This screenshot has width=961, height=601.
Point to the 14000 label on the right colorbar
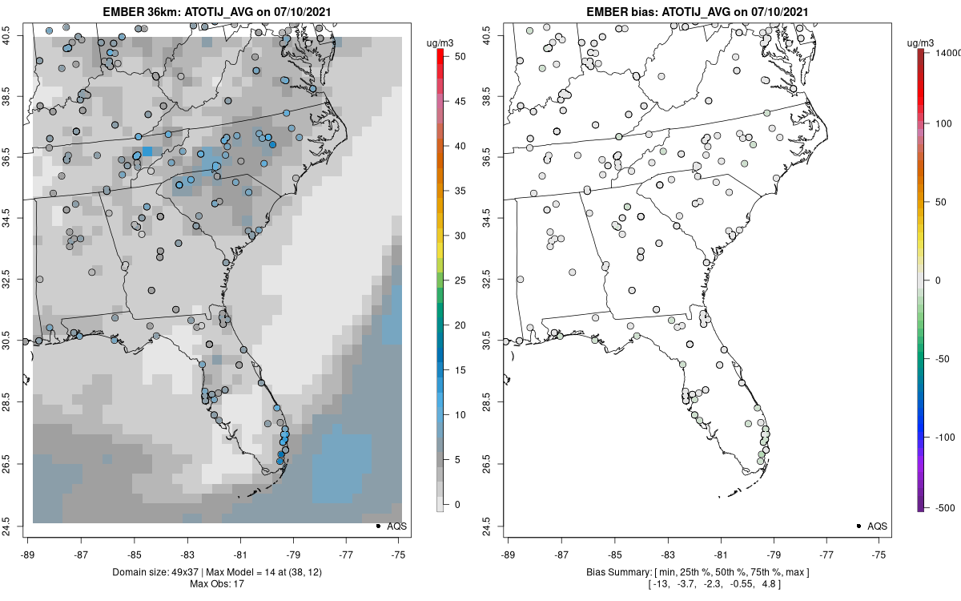(x=946, y=52)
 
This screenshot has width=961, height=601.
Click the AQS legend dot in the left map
(x=377, y=526)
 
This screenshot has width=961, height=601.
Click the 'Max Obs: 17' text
(x=216, y=583)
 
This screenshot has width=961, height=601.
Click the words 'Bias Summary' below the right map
(x=617, y=571)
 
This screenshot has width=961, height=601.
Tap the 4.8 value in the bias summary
(x=767, y=583)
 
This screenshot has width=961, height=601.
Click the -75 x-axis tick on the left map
(x=398, y=553)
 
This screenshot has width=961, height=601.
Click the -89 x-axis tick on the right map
(x=508, y=553)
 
